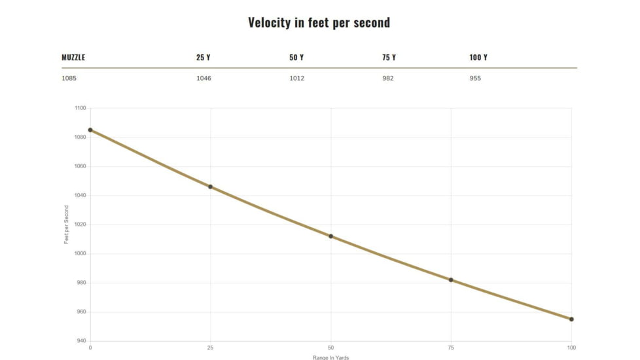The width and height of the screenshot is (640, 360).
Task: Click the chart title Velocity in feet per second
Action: click(319, 22)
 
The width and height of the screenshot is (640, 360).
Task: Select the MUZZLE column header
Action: click(73, 58)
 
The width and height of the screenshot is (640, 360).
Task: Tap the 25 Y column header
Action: click(203, 58)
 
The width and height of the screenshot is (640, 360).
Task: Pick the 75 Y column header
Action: click(389, 58)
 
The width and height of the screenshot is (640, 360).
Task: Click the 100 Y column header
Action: click(478, 58)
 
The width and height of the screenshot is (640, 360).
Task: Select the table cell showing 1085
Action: click(69, 79)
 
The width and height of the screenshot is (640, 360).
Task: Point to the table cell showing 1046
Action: click(204, 79)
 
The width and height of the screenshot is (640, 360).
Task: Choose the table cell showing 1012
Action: click(296, 79)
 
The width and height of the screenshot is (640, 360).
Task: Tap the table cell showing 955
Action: click(475, 79)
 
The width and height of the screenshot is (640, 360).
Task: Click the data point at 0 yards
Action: click(90, 130)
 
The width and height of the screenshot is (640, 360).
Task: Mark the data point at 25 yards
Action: click(210, 187)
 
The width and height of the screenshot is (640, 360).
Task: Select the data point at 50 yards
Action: click(330, 236)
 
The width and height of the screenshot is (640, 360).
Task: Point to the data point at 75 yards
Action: click(451, 280)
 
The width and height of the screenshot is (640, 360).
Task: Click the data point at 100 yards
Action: click(571, 319)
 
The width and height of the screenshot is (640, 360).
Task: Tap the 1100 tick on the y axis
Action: click(79, 108)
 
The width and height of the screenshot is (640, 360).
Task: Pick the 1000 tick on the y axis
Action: click(79, 253)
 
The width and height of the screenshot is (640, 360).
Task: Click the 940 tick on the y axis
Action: click(80, 341)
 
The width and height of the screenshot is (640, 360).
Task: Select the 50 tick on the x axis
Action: click(330, 348)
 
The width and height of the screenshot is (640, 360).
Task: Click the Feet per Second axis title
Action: click(66, 225)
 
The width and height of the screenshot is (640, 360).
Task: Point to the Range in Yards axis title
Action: click(330, 357)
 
